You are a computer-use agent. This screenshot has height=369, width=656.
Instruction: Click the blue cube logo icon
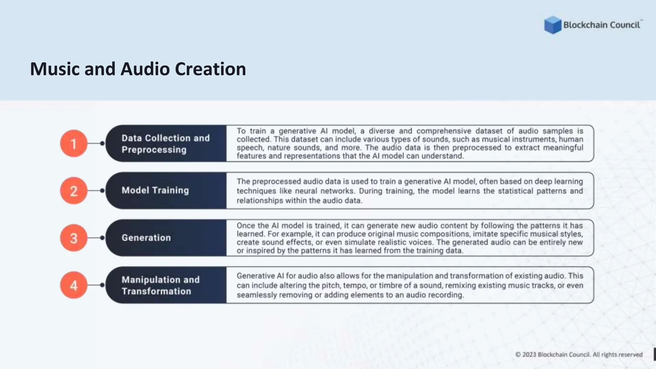(553, 25)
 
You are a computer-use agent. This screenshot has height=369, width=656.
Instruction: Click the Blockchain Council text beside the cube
(602, 25)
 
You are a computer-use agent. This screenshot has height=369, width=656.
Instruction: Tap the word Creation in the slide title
(210, 69)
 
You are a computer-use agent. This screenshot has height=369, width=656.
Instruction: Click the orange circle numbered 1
(74, 143)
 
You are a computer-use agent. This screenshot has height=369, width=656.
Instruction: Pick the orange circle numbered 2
(74, 191)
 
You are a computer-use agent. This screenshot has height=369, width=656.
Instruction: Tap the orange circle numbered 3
(74, 238)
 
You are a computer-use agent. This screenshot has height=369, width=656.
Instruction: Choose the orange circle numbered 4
(74, 285)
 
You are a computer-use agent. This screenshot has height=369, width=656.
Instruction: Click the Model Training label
(155, 190)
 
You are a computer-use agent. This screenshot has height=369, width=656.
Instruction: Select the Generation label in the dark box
(146, 238)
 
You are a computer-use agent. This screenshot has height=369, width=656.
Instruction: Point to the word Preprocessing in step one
(154, 150)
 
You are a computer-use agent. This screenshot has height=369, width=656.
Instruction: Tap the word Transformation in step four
(156, 291)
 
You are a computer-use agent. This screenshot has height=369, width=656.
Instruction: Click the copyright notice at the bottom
(579, 355)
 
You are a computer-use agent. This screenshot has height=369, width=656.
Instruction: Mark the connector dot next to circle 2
(102, 191)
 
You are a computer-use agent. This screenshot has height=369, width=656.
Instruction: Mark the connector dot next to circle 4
(102, 285)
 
